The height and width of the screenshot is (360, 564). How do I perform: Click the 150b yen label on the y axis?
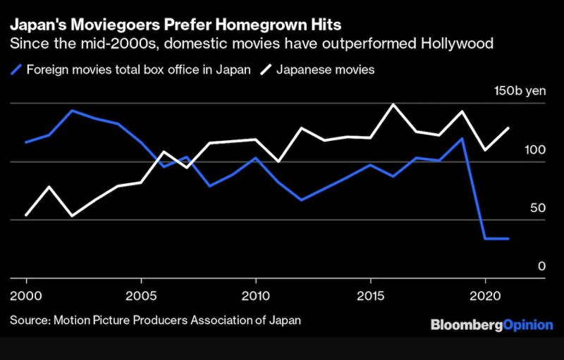[520, 92]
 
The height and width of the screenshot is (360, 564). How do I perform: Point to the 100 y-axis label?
[536, 150]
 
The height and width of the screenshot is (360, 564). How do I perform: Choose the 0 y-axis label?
[542, 266]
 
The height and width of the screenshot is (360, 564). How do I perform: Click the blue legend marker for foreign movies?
[16, 70]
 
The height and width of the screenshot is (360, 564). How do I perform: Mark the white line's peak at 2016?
[393, 104]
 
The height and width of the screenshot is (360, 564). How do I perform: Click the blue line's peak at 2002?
[72, 111]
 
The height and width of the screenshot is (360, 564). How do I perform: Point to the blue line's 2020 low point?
[485, 239]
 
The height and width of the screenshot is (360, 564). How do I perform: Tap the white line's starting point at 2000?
[26, 215]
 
